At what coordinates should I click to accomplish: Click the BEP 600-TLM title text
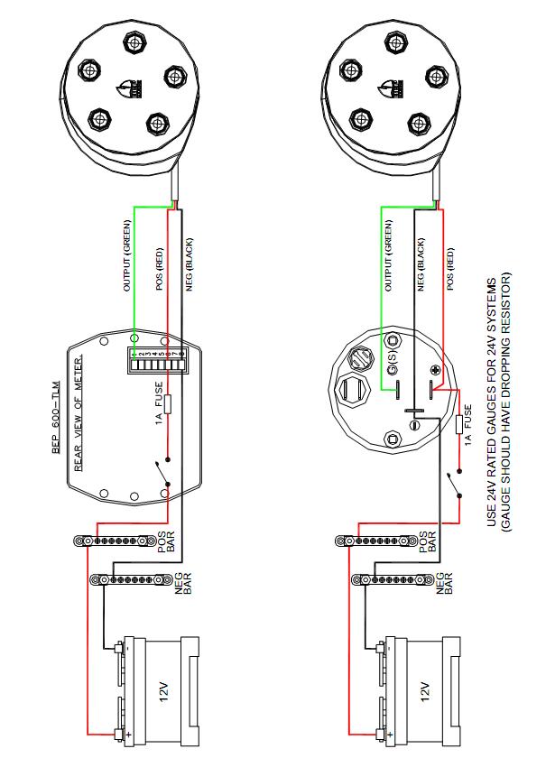[55, 425]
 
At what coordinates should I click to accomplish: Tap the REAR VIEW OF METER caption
[79, 424]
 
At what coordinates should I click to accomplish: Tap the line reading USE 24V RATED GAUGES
[493, 402]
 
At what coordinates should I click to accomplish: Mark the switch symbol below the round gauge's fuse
[451, 480]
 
